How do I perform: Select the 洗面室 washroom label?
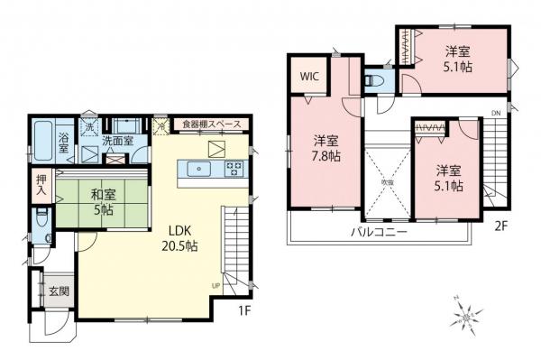[x=117, y=141]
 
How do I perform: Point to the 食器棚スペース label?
[x=212, y=124]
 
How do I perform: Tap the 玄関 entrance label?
[x=56, y=290]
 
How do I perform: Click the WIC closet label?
[x=310, y=76]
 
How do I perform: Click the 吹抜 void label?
[x=388, y=181]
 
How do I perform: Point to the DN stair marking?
[x=495, y=112]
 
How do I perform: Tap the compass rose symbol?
[x=467, y=316]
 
